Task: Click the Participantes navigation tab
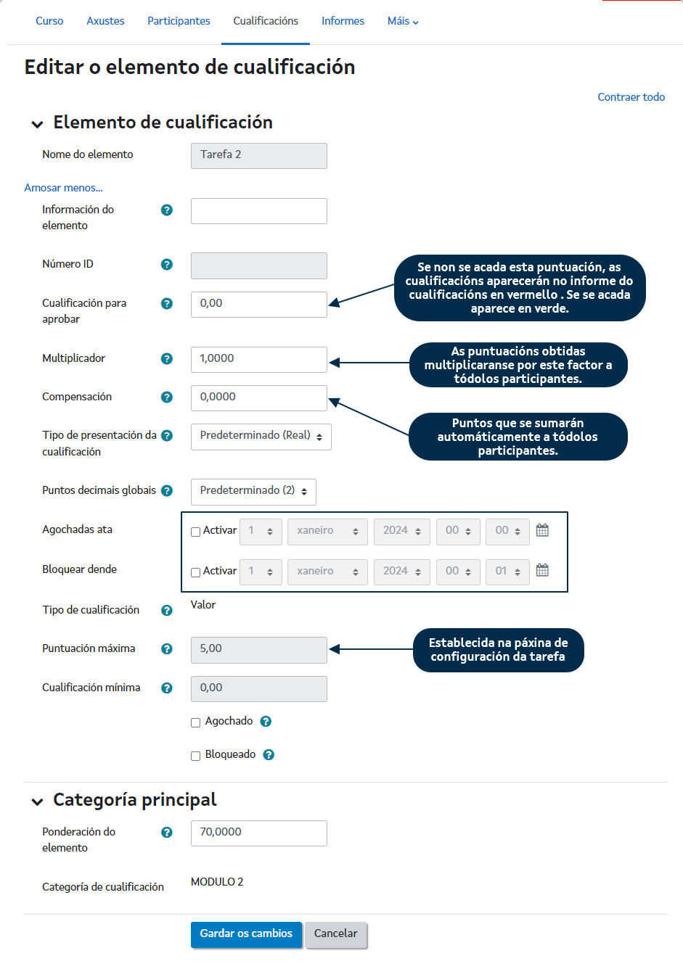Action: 179,21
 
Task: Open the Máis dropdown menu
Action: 403,21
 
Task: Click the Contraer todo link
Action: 631,97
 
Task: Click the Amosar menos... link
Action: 63,188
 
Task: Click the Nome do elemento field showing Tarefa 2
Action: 258,155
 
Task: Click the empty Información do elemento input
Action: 258,211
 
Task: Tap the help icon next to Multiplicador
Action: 167,358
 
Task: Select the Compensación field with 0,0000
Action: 258,397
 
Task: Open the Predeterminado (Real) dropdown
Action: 261,437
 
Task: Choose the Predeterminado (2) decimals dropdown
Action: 253,492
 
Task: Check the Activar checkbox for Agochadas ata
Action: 195,532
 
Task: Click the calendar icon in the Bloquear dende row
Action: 542,570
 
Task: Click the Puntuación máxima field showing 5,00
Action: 258,649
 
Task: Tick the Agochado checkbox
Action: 195,722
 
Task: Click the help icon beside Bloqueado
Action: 269,755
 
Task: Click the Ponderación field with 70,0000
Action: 258,833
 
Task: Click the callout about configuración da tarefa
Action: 498,650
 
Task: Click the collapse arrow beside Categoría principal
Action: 37,801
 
